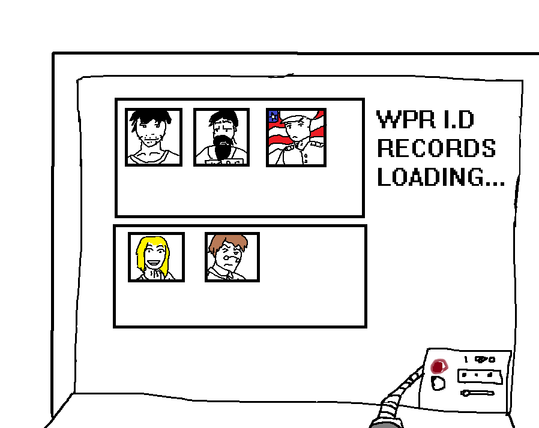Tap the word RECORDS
point(436,148)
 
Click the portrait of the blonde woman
point(155,257)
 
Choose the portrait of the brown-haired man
point(232,257)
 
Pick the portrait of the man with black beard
point(221,137)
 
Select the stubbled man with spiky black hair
point(153,137)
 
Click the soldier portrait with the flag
point(296,137)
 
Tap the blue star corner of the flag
point(273,116)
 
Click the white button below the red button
point(438,383)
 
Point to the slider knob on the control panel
point(465,394)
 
